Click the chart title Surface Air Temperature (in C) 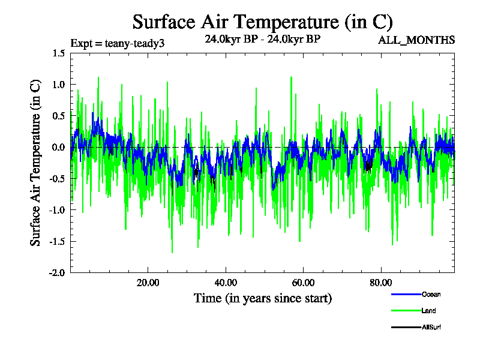[262, 22]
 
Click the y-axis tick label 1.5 [59, 53]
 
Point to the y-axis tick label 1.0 [59, 85]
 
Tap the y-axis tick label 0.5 [59, 116]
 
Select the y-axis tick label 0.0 [59, 147]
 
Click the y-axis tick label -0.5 [58, 178]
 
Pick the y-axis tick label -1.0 [58, 209]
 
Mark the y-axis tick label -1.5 [58, 241]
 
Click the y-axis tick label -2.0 [58, 272]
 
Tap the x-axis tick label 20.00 [148, 283]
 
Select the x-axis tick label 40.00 [225, 283]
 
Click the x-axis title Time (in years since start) [262, 298]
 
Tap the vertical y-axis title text [36, 163]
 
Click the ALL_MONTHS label [416, 40]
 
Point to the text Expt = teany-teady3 [118, 43]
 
